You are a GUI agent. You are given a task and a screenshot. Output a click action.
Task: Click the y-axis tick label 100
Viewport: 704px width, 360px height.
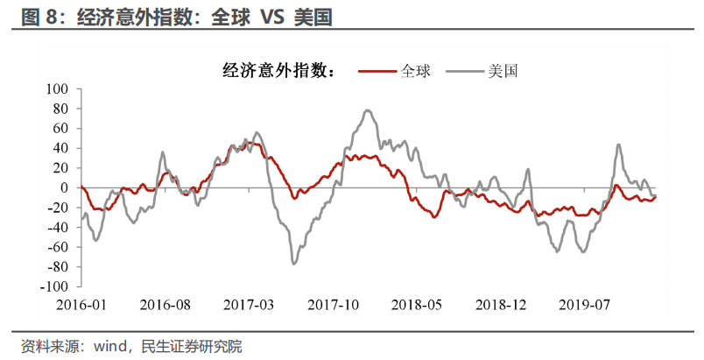coord(58,89)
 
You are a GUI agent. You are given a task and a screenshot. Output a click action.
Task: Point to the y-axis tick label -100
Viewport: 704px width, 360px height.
coord(56,286)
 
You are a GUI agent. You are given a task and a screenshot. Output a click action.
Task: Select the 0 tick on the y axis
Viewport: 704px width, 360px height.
coord(65,187)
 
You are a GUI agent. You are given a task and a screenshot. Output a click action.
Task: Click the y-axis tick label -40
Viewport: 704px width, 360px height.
coord(59,227)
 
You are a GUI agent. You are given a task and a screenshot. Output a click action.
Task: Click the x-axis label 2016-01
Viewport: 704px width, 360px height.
coord(81,306)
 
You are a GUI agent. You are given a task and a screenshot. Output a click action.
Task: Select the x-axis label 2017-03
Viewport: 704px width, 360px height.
coord(249,306)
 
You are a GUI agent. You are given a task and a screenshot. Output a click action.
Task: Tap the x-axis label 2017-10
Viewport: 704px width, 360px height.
coord(334,306)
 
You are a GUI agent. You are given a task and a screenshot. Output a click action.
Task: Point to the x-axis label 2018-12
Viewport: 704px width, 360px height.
coord(501,306)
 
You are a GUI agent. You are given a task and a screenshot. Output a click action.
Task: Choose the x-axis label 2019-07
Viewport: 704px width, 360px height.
coord(585,306)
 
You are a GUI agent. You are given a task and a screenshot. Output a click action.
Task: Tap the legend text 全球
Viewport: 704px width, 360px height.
coord(416,70)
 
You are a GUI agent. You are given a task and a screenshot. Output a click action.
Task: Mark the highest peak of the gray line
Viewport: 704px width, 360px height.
coord(368,110)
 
